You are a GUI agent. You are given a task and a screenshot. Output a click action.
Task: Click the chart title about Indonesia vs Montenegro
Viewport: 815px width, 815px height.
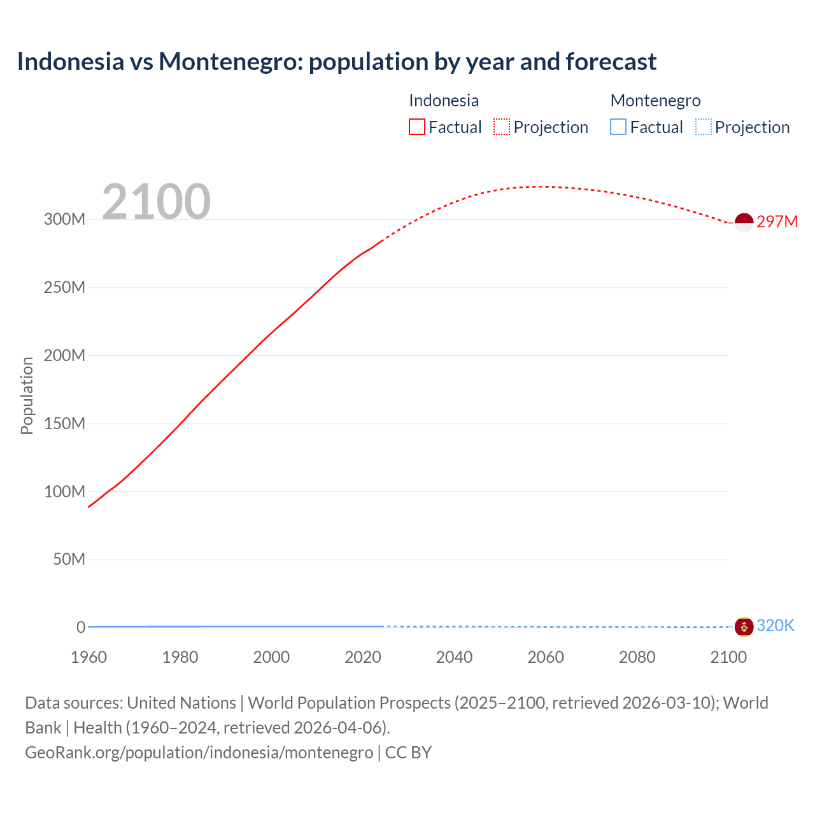pos(336,62)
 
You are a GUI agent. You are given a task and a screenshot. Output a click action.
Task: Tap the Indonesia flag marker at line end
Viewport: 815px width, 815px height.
pos(744,222)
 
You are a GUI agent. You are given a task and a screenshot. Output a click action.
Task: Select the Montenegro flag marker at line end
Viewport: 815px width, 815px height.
pos(744,627)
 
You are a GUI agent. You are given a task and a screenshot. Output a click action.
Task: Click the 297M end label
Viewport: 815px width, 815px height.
pos(777,222)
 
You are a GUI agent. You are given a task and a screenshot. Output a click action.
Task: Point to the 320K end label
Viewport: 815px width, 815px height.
pos(775,626)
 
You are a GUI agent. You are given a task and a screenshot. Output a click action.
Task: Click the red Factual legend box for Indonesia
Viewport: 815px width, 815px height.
pos(417,127)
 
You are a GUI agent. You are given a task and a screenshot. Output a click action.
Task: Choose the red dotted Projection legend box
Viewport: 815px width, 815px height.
pos(502,127)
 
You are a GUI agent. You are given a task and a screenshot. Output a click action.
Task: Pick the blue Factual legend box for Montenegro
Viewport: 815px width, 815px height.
pos(618,127)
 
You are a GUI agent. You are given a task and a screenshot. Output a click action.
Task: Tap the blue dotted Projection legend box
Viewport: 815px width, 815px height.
pos(703,127)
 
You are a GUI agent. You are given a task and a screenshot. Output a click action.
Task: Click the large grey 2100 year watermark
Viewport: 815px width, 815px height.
pos(156,202)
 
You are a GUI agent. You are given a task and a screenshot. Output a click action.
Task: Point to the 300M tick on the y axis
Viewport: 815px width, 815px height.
pos(64,220)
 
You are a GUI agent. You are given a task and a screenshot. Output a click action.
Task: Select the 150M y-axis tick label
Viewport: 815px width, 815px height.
pos(64,423)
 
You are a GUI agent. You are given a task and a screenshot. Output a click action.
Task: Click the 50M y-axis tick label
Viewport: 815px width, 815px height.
pos(69,560)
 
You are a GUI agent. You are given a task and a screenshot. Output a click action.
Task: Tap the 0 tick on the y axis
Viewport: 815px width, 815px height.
pos(81,627)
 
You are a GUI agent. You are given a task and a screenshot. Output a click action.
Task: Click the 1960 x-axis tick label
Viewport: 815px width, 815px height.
pos(89,657)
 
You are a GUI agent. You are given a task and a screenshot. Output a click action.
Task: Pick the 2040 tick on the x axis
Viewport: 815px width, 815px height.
pos(454,657)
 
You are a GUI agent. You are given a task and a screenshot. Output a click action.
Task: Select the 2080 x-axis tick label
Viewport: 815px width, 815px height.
pos(637,657)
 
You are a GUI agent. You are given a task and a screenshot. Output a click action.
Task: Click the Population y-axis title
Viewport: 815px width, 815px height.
pos(27,395)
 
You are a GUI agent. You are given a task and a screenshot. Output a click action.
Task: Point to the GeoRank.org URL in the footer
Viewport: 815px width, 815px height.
pos(199,753)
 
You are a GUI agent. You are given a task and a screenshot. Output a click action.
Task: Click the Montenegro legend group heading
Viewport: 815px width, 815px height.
pos(655,101)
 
